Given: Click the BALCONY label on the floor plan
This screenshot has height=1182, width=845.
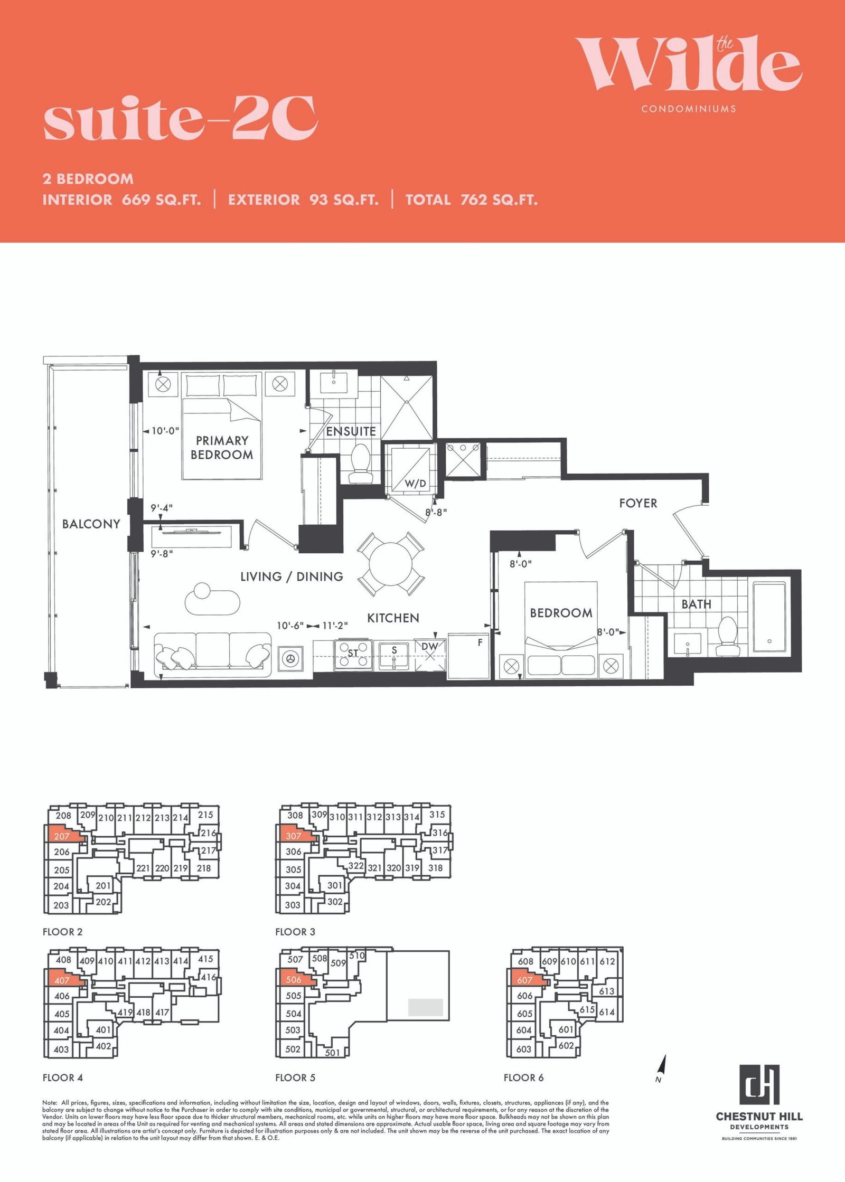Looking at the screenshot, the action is click(91, 524).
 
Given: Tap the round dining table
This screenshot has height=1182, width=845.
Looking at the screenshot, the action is click(390, 563).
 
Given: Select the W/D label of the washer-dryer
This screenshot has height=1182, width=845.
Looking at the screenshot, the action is click(415, 483).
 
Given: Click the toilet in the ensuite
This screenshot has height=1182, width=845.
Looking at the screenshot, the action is click(361, 464).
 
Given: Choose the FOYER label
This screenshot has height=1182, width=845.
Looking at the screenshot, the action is click(638, 503).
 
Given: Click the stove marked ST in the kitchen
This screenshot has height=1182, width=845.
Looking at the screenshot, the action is click(353, 655).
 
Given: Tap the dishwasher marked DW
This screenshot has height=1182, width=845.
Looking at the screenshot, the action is click(429, 655).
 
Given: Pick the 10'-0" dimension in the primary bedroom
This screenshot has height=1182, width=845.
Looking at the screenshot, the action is click(165, 431).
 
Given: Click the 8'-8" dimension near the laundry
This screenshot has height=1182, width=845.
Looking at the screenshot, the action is click(436, 512).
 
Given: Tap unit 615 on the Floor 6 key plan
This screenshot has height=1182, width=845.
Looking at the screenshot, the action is click(587, 1009).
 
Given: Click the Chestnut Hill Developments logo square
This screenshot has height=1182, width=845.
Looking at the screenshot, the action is click(759, 1084).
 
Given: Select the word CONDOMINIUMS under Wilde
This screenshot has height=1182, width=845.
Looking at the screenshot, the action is click(689, 109).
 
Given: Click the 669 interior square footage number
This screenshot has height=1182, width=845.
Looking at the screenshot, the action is click(136, 200).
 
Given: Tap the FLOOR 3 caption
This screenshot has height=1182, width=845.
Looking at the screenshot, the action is click(295, 932).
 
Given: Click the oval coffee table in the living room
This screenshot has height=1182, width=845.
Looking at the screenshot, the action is click(213, 599).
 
